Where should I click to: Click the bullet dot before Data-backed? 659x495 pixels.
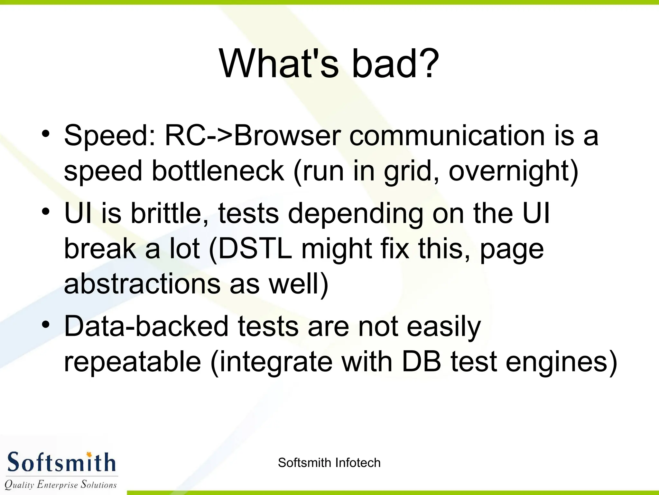point(46,324)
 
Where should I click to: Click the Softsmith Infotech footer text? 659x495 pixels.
point(329,463)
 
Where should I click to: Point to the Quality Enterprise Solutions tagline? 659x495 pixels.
point(60,484)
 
